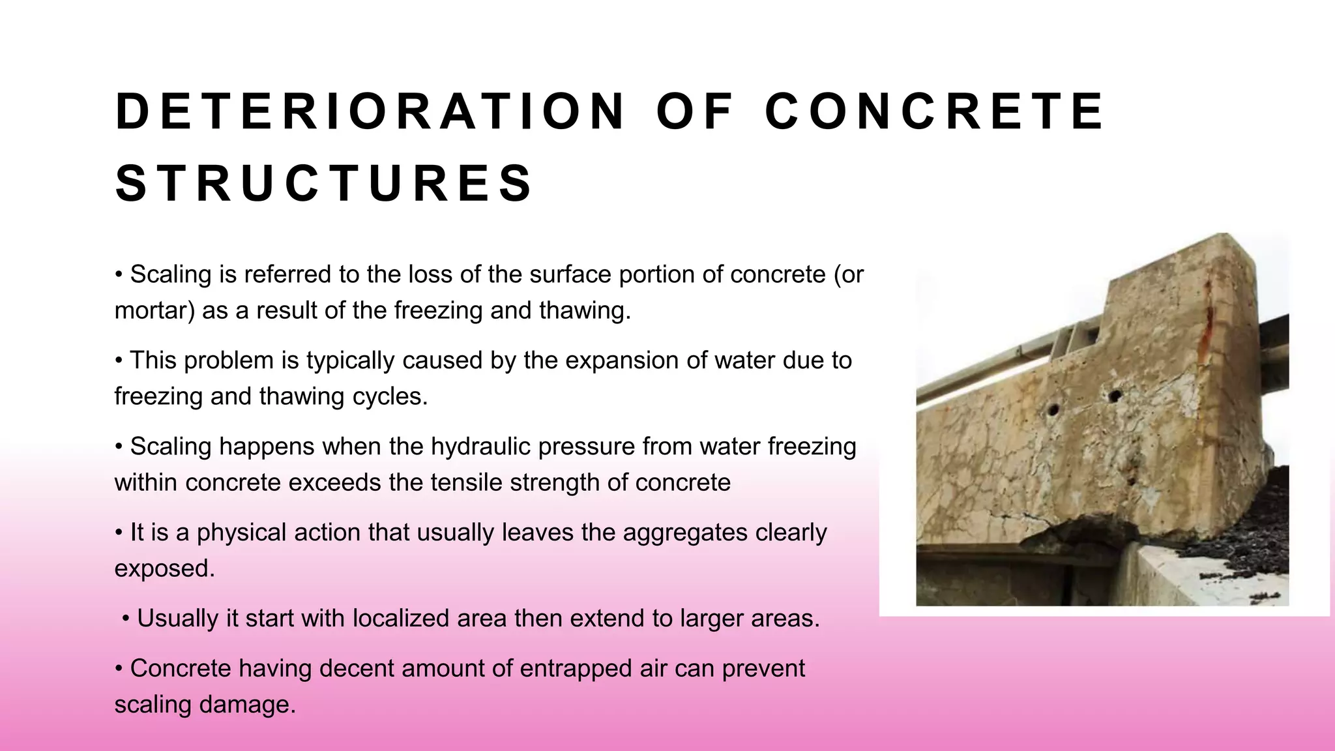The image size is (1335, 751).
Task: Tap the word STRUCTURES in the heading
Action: click(324, 183)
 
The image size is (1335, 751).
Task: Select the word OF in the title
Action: click(695, 111)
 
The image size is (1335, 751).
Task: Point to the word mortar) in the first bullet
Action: click(154, 310)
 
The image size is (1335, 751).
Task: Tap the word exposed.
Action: click(164, 568)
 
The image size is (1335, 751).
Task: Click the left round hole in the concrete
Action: click(1053, 410)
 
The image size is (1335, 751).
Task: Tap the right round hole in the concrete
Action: click(1115, 395)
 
